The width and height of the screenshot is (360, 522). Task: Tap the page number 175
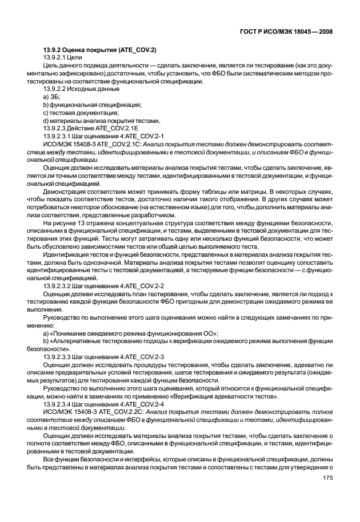tap(328, 478)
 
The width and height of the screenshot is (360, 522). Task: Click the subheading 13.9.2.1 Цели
tap(63, 59)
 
